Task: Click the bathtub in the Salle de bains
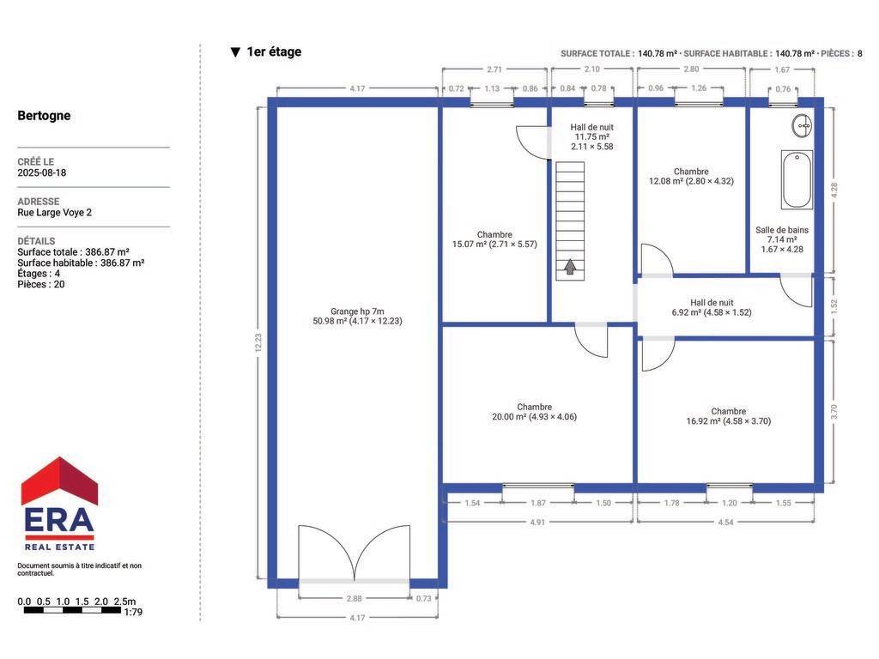pos(797,179)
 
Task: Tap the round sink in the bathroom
pos(803,126)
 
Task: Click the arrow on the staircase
pos(570,266)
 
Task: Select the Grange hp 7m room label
pos(357,316)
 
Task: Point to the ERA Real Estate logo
pos(59,504)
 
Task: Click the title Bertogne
pos(44,116)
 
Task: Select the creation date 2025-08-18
pos(41,172)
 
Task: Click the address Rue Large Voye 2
pos(54,213)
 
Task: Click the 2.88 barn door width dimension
pos(354,598)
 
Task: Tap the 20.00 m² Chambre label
pos(534,412)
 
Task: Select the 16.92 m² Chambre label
pos(728,416)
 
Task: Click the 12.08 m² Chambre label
pos(691,177)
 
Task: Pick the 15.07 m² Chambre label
pos(494,239)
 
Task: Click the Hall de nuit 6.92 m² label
pos(712,308)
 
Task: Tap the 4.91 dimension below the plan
pos(537,523)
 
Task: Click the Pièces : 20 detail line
pos(41,284)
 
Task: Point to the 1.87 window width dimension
pos(538,503)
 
